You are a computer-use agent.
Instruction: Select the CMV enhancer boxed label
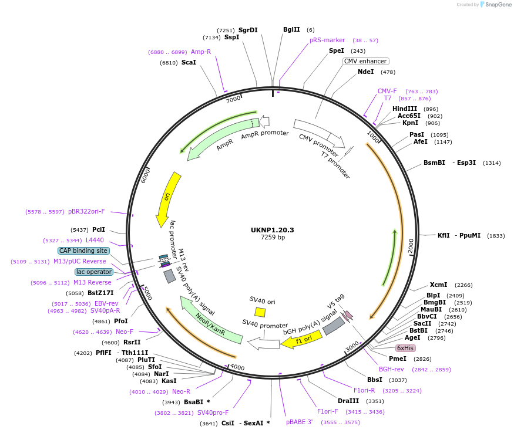pos(365,61)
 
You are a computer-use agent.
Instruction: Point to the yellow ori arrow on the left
pos(167,198)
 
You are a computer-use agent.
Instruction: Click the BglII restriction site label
pos(291,29)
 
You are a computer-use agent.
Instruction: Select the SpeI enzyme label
pos(337,51)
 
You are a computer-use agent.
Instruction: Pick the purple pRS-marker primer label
pos(327,40)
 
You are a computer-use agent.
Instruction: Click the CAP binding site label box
pos(83,251)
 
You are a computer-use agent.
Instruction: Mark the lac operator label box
pos(93,272)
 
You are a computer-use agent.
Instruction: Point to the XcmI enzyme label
pos(438,285)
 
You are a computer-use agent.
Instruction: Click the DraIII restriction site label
pos(348,401)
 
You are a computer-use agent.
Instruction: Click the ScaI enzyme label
pos(189,63)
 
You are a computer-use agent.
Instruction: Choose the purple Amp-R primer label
pos(201,52)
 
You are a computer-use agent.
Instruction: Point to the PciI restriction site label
pos(98,229)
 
